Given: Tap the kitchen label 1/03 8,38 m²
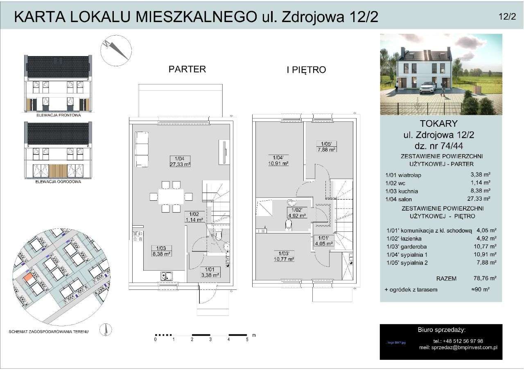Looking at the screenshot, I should (161, 251).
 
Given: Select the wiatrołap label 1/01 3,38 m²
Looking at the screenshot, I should (210, 271).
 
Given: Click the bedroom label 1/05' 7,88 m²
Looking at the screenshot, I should (326, 146).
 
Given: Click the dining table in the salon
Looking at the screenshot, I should (171, 197).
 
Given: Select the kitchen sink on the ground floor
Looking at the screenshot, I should (166, 276).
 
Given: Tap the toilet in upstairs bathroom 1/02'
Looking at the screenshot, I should (288, 224).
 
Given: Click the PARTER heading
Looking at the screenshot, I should (187, 69).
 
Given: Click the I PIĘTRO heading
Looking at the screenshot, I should (306, 70).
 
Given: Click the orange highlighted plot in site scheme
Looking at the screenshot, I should (28, 280).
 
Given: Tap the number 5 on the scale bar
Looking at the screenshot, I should (247, 339).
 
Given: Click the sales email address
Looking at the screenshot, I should (464, 348).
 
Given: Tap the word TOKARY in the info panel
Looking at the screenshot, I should (441, 123).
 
